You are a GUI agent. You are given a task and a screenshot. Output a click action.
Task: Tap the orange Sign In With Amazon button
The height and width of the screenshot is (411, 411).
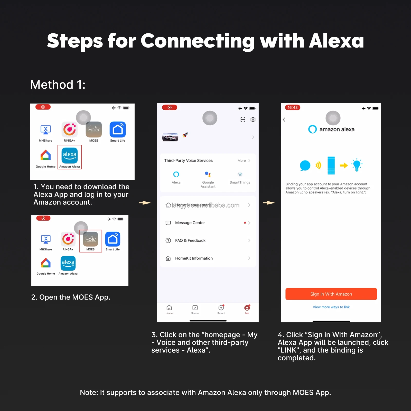click(331, 294)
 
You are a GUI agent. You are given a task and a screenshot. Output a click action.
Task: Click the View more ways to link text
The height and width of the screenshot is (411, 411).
click(331, 307)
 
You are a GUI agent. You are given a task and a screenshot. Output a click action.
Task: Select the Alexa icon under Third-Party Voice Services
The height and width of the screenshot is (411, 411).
click(176, 175)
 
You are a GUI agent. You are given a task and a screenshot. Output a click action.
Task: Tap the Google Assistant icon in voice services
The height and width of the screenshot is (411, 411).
click(208, 175)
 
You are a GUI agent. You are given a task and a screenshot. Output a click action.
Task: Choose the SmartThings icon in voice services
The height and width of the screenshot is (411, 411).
click(240, 175)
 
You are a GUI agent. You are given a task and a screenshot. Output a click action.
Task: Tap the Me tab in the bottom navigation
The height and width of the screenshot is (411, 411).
click(247, 309)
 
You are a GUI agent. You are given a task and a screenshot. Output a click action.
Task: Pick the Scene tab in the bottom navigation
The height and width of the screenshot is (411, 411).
click(195, 309)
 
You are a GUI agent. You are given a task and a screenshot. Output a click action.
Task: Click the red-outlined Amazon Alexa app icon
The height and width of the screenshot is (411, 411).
click(70, 156)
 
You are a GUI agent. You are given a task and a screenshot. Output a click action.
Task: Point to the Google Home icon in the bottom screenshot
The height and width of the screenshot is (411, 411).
click(46, 263)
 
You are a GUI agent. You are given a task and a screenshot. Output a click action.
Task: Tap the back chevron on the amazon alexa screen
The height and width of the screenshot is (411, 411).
click(284, 119)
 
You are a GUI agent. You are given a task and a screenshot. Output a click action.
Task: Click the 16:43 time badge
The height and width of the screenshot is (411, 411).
click(293, 107)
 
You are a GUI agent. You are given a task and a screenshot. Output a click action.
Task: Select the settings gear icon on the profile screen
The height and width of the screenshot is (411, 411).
click(253, 119)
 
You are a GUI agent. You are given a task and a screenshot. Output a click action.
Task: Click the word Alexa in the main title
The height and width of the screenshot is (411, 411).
click(336, 41)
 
